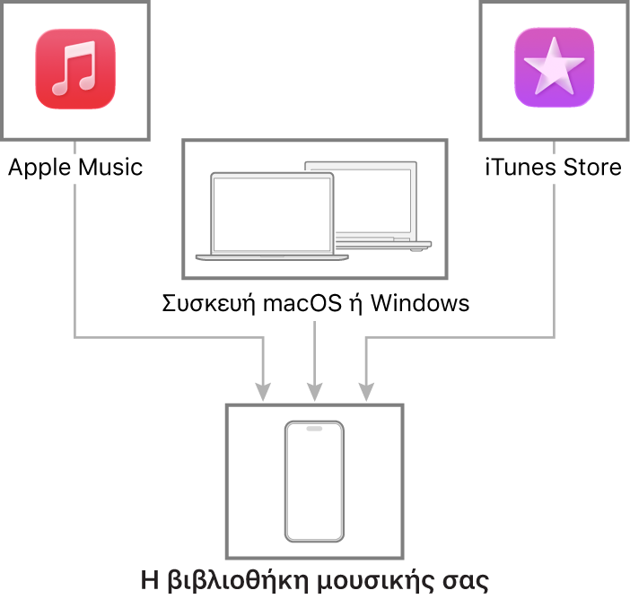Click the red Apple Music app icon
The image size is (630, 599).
(x=75, y=69)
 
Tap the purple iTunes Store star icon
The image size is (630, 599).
(x=554, y=69)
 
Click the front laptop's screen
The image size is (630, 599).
(x=271, y=213)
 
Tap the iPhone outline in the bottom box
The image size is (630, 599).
(x=314, y=482)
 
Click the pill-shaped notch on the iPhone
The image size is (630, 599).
(x=314, y=429)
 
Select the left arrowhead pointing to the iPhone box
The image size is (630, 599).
(x=262, y=392)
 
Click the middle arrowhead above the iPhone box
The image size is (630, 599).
(x=314, y=392)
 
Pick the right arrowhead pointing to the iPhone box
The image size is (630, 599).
(x=365, y=392)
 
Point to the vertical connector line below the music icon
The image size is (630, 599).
(x=74, y=260)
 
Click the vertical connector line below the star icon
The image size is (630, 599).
(x=554, y=260)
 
